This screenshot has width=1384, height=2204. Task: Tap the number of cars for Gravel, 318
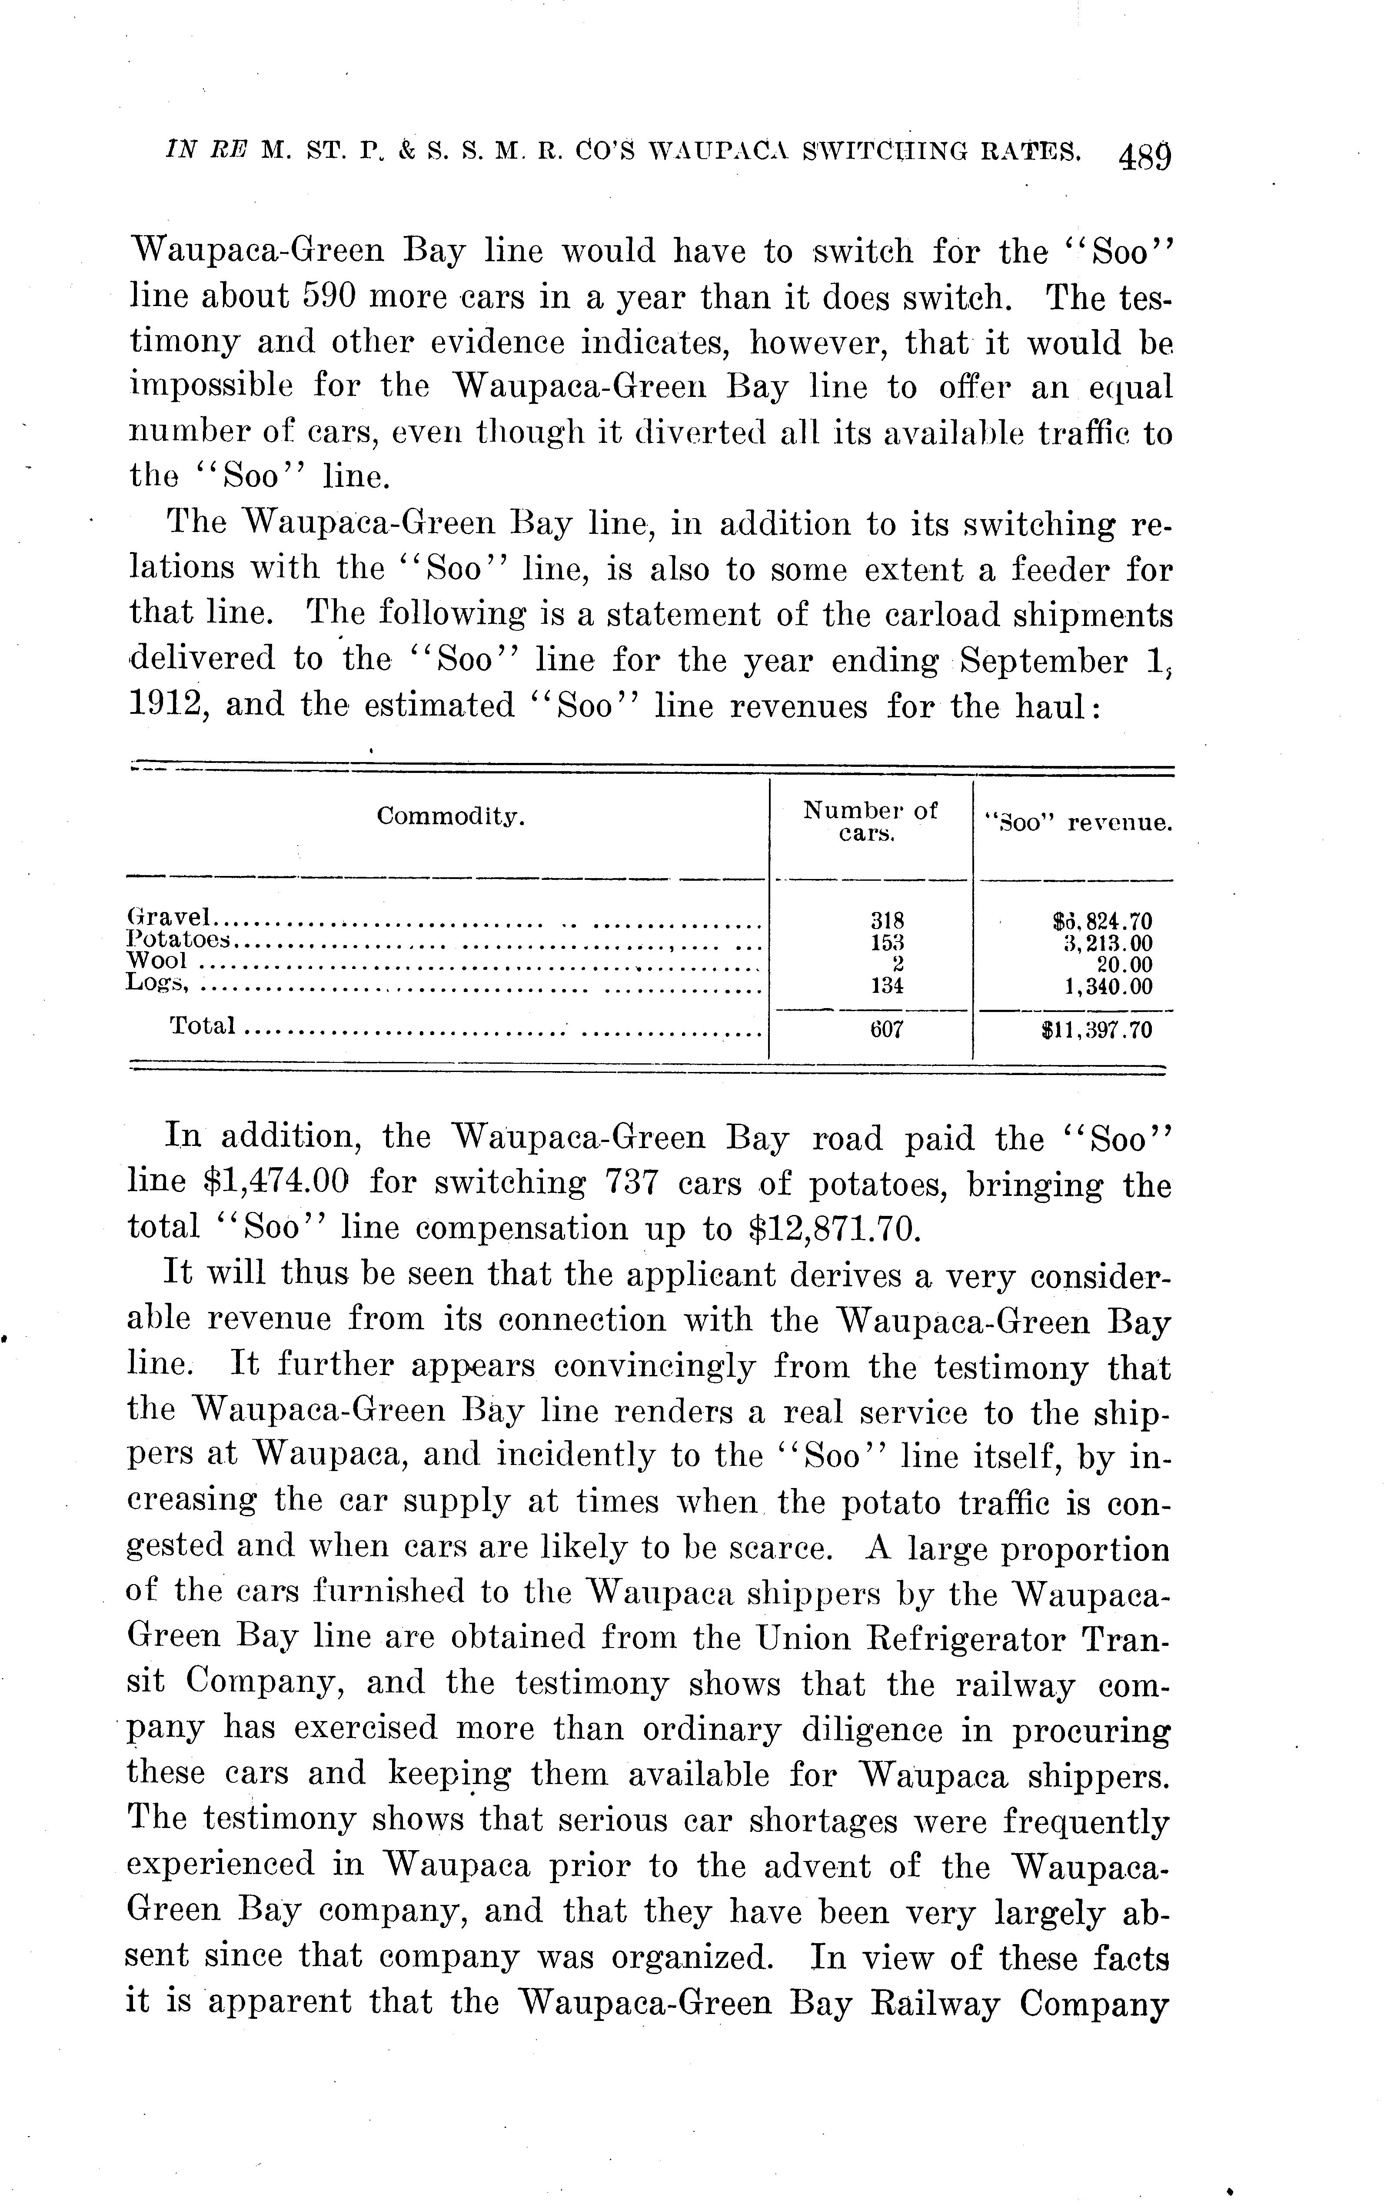click(886, 920)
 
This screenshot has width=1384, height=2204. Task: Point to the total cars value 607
click(886, 1030)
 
